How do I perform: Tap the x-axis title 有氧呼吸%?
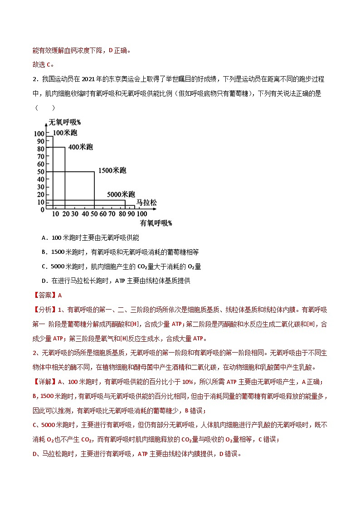(156, 223)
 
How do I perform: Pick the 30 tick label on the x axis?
(74, 213)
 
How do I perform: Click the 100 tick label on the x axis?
(142, 213)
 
